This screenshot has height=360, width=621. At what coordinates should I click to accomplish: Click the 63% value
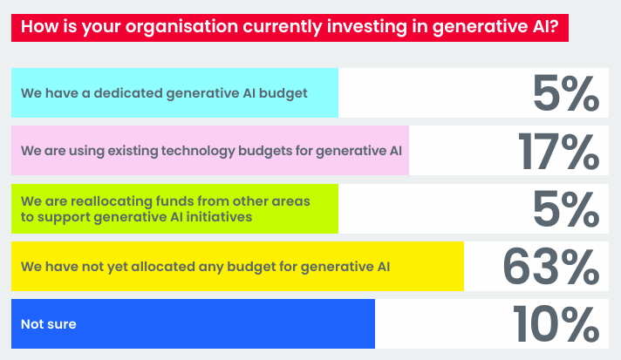551,266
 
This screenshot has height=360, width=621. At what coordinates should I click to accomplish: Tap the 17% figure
559,152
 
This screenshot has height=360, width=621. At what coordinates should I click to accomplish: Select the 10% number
556,324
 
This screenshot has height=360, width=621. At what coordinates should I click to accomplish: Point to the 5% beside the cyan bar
566,93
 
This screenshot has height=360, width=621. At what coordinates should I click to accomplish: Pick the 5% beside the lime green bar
566,209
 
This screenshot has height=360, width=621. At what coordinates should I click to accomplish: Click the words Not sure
48,324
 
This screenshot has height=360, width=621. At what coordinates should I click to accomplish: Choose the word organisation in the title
181,27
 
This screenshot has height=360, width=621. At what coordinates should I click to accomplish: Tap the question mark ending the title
553,26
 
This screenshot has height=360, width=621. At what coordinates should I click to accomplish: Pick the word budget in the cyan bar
283,93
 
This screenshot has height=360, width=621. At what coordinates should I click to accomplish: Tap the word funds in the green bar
174,201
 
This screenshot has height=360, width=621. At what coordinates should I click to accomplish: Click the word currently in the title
283,27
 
